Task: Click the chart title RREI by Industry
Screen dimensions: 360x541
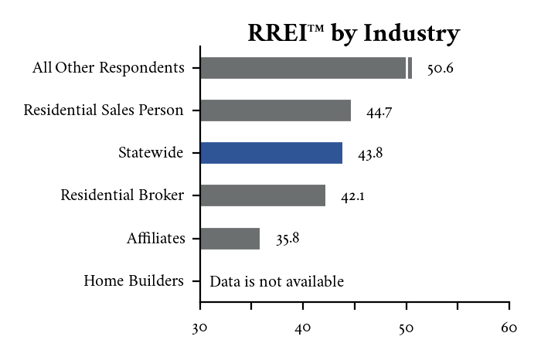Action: [x=353, y=34]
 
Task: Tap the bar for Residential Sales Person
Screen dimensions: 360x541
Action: [x=275, y=110]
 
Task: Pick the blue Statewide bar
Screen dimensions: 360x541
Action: [x=270, y=153]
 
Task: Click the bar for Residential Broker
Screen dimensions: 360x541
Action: [x=262, y=195]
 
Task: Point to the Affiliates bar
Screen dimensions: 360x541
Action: [x=230, y=238]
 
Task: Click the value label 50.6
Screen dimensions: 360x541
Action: [x=440, y=69]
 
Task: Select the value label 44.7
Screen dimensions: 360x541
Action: [x=379, y=112]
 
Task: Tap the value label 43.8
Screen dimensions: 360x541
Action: [x=370, y=154]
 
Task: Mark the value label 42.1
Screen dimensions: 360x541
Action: [x=352, y=196]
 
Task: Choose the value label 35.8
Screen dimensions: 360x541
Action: [x=288, y=239]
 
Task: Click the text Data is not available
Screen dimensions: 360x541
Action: [x=277, y=281]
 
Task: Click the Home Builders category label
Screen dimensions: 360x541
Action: [x=134, y=280]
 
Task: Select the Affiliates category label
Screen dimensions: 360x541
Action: [x=156, y=238]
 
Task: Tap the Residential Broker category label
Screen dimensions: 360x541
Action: [x=122, y=195]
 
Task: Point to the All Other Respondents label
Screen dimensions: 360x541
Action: [x=108, y=68]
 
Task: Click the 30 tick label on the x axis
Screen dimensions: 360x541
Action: [x=200, y=328]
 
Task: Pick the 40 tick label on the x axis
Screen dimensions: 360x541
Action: [x=303, y=328]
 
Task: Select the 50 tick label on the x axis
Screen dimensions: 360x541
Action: [x=407, y=328]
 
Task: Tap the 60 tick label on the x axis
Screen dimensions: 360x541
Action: [x=509, y=328]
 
